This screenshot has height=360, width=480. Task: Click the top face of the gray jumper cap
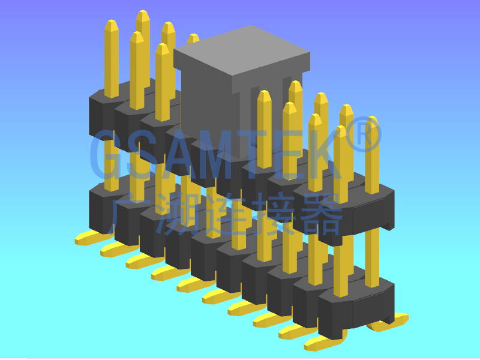(242, 50)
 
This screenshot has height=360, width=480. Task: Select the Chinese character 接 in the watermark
(275, 214)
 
